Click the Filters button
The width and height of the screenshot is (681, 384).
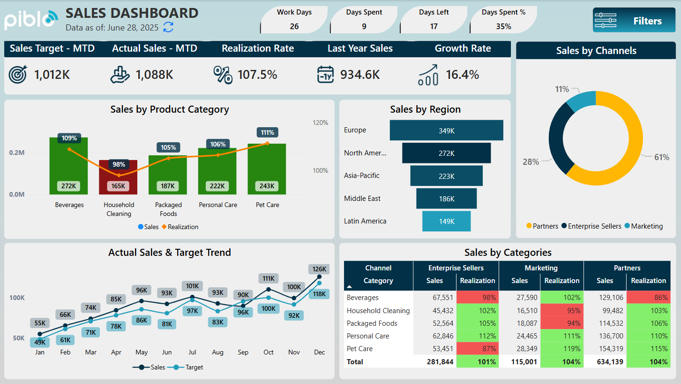pos(634,21)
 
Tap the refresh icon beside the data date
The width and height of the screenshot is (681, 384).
pos(168,27)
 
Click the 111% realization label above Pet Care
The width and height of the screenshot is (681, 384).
pos(267,132)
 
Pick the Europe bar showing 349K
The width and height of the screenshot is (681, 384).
pos(446,131)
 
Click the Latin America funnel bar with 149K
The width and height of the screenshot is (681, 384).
pos(446,222)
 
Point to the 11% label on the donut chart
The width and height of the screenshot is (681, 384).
pos(562,89)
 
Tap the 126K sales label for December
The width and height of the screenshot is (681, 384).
pos(319,269)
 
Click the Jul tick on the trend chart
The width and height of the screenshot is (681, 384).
pos(192,352)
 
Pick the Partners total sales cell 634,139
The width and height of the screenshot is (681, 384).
pos(605,362)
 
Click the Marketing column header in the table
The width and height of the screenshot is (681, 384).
pos(541,268)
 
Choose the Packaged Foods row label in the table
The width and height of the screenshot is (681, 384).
pos(372,323)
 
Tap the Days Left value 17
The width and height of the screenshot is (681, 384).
pos(434,26)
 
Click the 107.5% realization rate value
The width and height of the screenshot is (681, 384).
pos(257,75)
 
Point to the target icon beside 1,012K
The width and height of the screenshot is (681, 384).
pos(18,75)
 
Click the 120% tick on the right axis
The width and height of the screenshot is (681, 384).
pos(321,123)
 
